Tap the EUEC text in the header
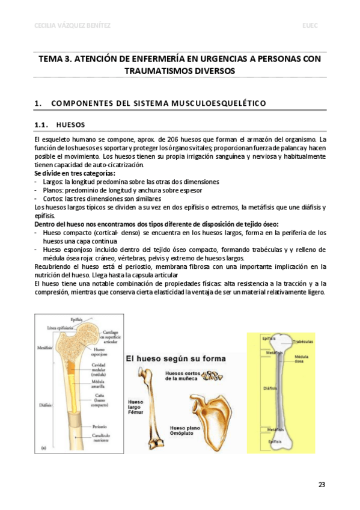(311, 25)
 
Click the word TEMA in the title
(51, 59)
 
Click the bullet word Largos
(53, 182)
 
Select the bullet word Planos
(54, 190)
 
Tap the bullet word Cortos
(54, 198)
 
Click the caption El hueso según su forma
(175, 358)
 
